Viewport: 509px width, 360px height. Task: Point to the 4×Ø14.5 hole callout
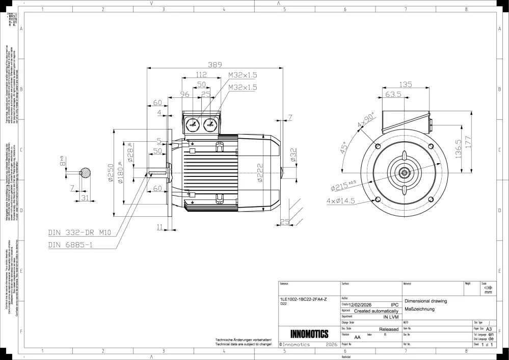[x=342, y=201]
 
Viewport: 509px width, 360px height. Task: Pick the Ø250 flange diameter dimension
[x=111, y=174]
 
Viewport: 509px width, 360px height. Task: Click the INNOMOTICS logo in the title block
[x=309, y=335]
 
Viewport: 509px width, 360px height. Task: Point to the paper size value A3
[x=489, y=329]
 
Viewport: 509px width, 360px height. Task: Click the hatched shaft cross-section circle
[x=87, y=173]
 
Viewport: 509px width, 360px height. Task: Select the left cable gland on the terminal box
[x=193, y=124]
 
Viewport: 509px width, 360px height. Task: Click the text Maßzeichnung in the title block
[x=419, y=310]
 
